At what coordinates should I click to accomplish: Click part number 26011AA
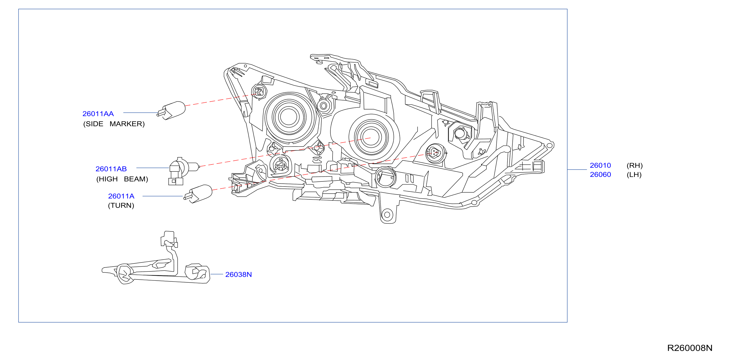98,114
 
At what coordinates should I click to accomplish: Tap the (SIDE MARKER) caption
114,124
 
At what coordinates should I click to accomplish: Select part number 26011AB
111,169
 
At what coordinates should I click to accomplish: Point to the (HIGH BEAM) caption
122,179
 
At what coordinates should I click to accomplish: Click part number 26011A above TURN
121,196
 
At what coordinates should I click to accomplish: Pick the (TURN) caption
121,205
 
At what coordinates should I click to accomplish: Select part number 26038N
239,275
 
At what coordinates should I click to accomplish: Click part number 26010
600,165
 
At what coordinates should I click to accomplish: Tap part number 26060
600,175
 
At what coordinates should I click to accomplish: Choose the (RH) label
635,165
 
